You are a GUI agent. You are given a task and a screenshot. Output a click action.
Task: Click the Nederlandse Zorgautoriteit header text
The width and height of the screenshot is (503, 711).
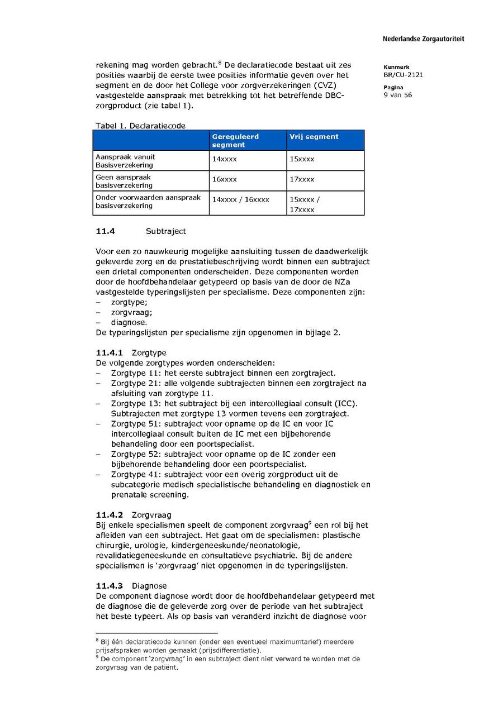423,39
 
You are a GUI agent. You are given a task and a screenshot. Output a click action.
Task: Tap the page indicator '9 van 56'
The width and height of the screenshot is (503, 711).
397,95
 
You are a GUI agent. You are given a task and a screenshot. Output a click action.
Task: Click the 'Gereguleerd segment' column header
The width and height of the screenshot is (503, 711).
235,140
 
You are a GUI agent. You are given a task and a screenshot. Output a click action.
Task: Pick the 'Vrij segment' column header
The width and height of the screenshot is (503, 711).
314,136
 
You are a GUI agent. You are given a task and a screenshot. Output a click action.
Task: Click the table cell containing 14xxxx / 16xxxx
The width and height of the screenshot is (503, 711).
240,199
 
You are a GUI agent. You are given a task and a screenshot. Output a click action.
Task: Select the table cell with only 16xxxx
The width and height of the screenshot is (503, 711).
224,179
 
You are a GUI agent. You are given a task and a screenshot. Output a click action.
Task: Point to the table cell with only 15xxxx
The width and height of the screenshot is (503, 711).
302,159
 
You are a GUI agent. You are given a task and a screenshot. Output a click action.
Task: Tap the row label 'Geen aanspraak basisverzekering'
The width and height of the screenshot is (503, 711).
124,181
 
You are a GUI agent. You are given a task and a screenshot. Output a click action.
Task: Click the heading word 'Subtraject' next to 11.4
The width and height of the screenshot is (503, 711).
166,231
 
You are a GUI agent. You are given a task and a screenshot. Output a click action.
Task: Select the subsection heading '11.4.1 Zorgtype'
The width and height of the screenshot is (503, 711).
131,353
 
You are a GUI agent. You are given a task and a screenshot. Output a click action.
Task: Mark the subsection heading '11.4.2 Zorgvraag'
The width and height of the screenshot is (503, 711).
134,515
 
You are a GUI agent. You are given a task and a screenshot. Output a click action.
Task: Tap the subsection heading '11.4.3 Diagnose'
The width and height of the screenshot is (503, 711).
131,586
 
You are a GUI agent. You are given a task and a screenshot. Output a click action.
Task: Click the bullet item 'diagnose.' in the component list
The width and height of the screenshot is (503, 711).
129,322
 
